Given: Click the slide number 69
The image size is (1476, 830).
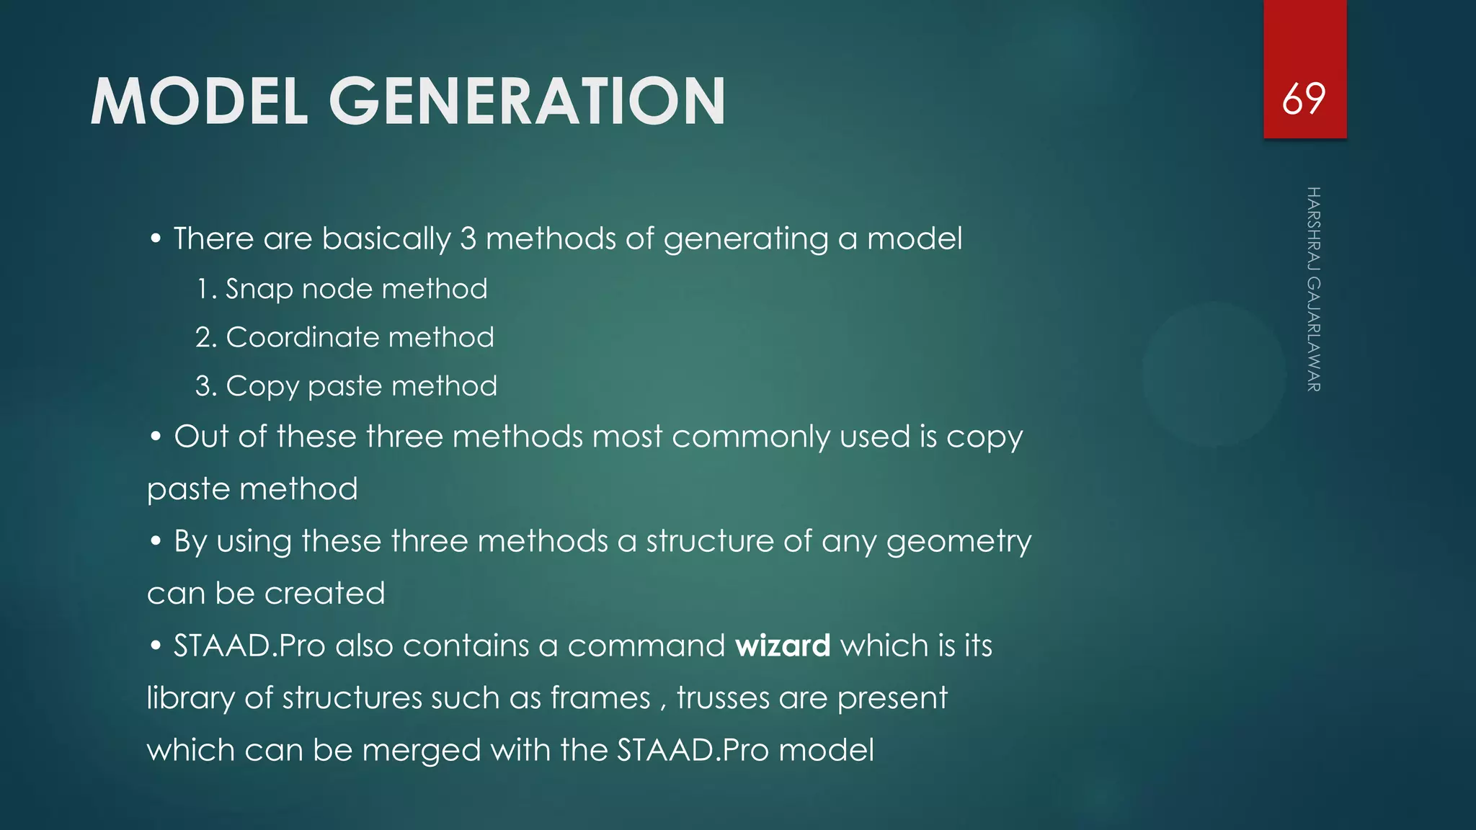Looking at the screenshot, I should pyautogui.click(x=1304, y=99).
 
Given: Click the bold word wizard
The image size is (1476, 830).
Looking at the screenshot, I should pyautogui.click(x=783, y=646).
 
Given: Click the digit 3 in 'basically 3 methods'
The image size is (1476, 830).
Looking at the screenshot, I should pyautogui.click(x=468, y=238).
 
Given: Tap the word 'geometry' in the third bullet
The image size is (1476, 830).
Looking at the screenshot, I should pyautogui.click(x=959, y=542).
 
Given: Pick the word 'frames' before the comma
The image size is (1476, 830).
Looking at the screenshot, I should pyautogui.click(x=600, y=698).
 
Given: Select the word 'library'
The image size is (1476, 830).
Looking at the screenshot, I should pyautogui.click(x=190, y=699).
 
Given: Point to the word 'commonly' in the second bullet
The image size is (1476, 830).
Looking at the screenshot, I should pyautogui.click(x=750, y=437).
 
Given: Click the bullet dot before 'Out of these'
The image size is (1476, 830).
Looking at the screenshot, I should pyautogui.click(x=156, y=437).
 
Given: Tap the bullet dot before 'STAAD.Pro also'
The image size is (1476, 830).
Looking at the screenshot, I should pyautogui.click(x=156, y=646).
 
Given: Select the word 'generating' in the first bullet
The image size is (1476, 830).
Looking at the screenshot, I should pyautogui.click(x=746, y=239).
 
